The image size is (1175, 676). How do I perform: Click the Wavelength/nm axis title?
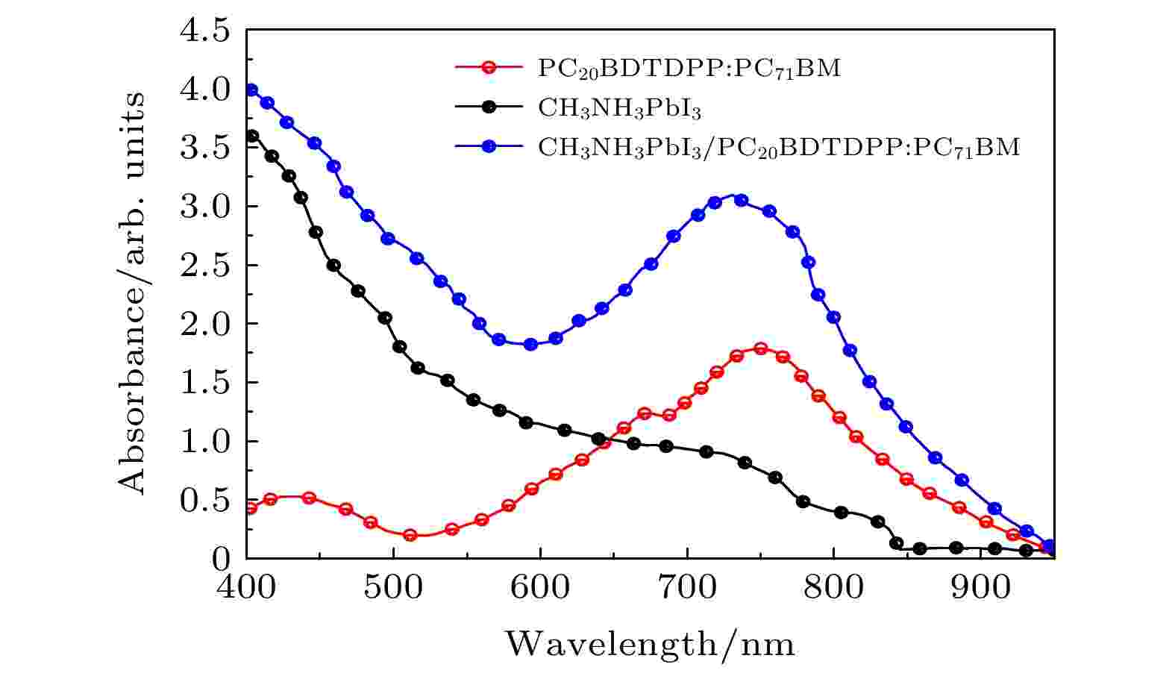coord(650,643)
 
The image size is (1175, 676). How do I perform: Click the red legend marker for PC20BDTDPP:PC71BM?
coord(488,67)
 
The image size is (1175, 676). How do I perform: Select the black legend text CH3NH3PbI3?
coord(619,109)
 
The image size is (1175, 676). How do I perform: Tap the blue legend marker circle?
coord(488,147)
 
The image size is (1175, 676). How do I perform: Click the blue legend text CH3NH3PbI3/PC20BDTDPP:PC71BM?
coord(778,148)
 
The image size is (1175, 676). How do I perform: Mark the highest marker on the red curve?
coord(760,348)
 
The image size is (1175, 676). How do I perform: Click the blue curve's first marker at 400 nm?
coord(251,90)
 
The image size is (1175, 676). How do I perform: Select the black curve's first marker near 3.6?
coord(252,136)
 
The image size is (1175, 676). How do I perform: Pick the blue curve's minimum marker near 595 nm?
coord(530,344)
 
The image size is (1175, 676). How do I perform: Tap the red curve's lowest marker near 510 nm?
coord(410,535)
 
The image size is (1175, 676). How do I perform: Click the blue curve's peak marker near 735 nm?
coord(740,200)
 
